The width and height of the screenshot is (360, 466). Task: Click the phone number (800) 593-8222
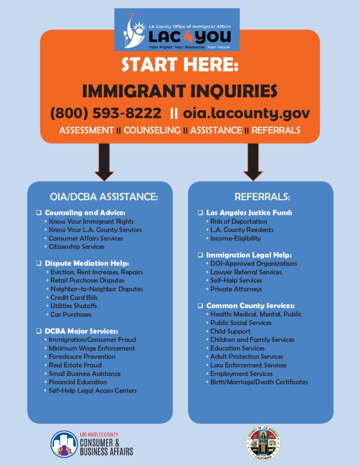pyautogui.click(x=106, y=113)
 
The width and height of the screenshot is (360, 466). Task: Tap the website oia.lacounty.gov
pyautogui.click(x=246, y=113)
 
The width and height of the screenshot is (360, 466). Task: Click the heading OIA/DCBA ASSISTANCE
pyautogui.click(x=104, y=197)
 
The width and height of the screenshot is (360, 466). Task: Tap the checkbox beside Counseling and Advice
pyautogui.click(x=39, y=213)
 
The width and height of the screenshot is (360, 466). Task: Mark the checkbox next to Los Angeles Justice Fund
pyautogui.click(x=201, y=213)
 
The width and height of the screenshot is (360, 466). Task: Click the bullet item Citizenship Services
pyautogui.click(x=76, y=247)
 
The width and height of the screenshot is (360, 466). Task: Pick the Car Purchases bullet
pyautogui.click(x=71, y=314)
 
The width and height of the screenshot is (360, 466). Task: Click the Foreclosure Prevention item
pyautogui.click(x=82, y=356)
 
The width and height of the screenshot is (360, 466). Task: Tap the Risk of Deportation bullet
pyautogui.click(x=238, y=221)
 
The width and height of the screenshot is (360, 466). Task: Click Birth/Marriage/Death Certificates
pyautogui.click(x=259, y=382)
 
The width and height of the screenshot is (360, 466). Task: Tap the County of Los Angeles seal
pyautogui.click(x=263, y=443)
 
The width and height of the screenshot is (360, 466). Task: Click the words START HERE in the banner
pyautogui.click(x=180, y=65)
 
